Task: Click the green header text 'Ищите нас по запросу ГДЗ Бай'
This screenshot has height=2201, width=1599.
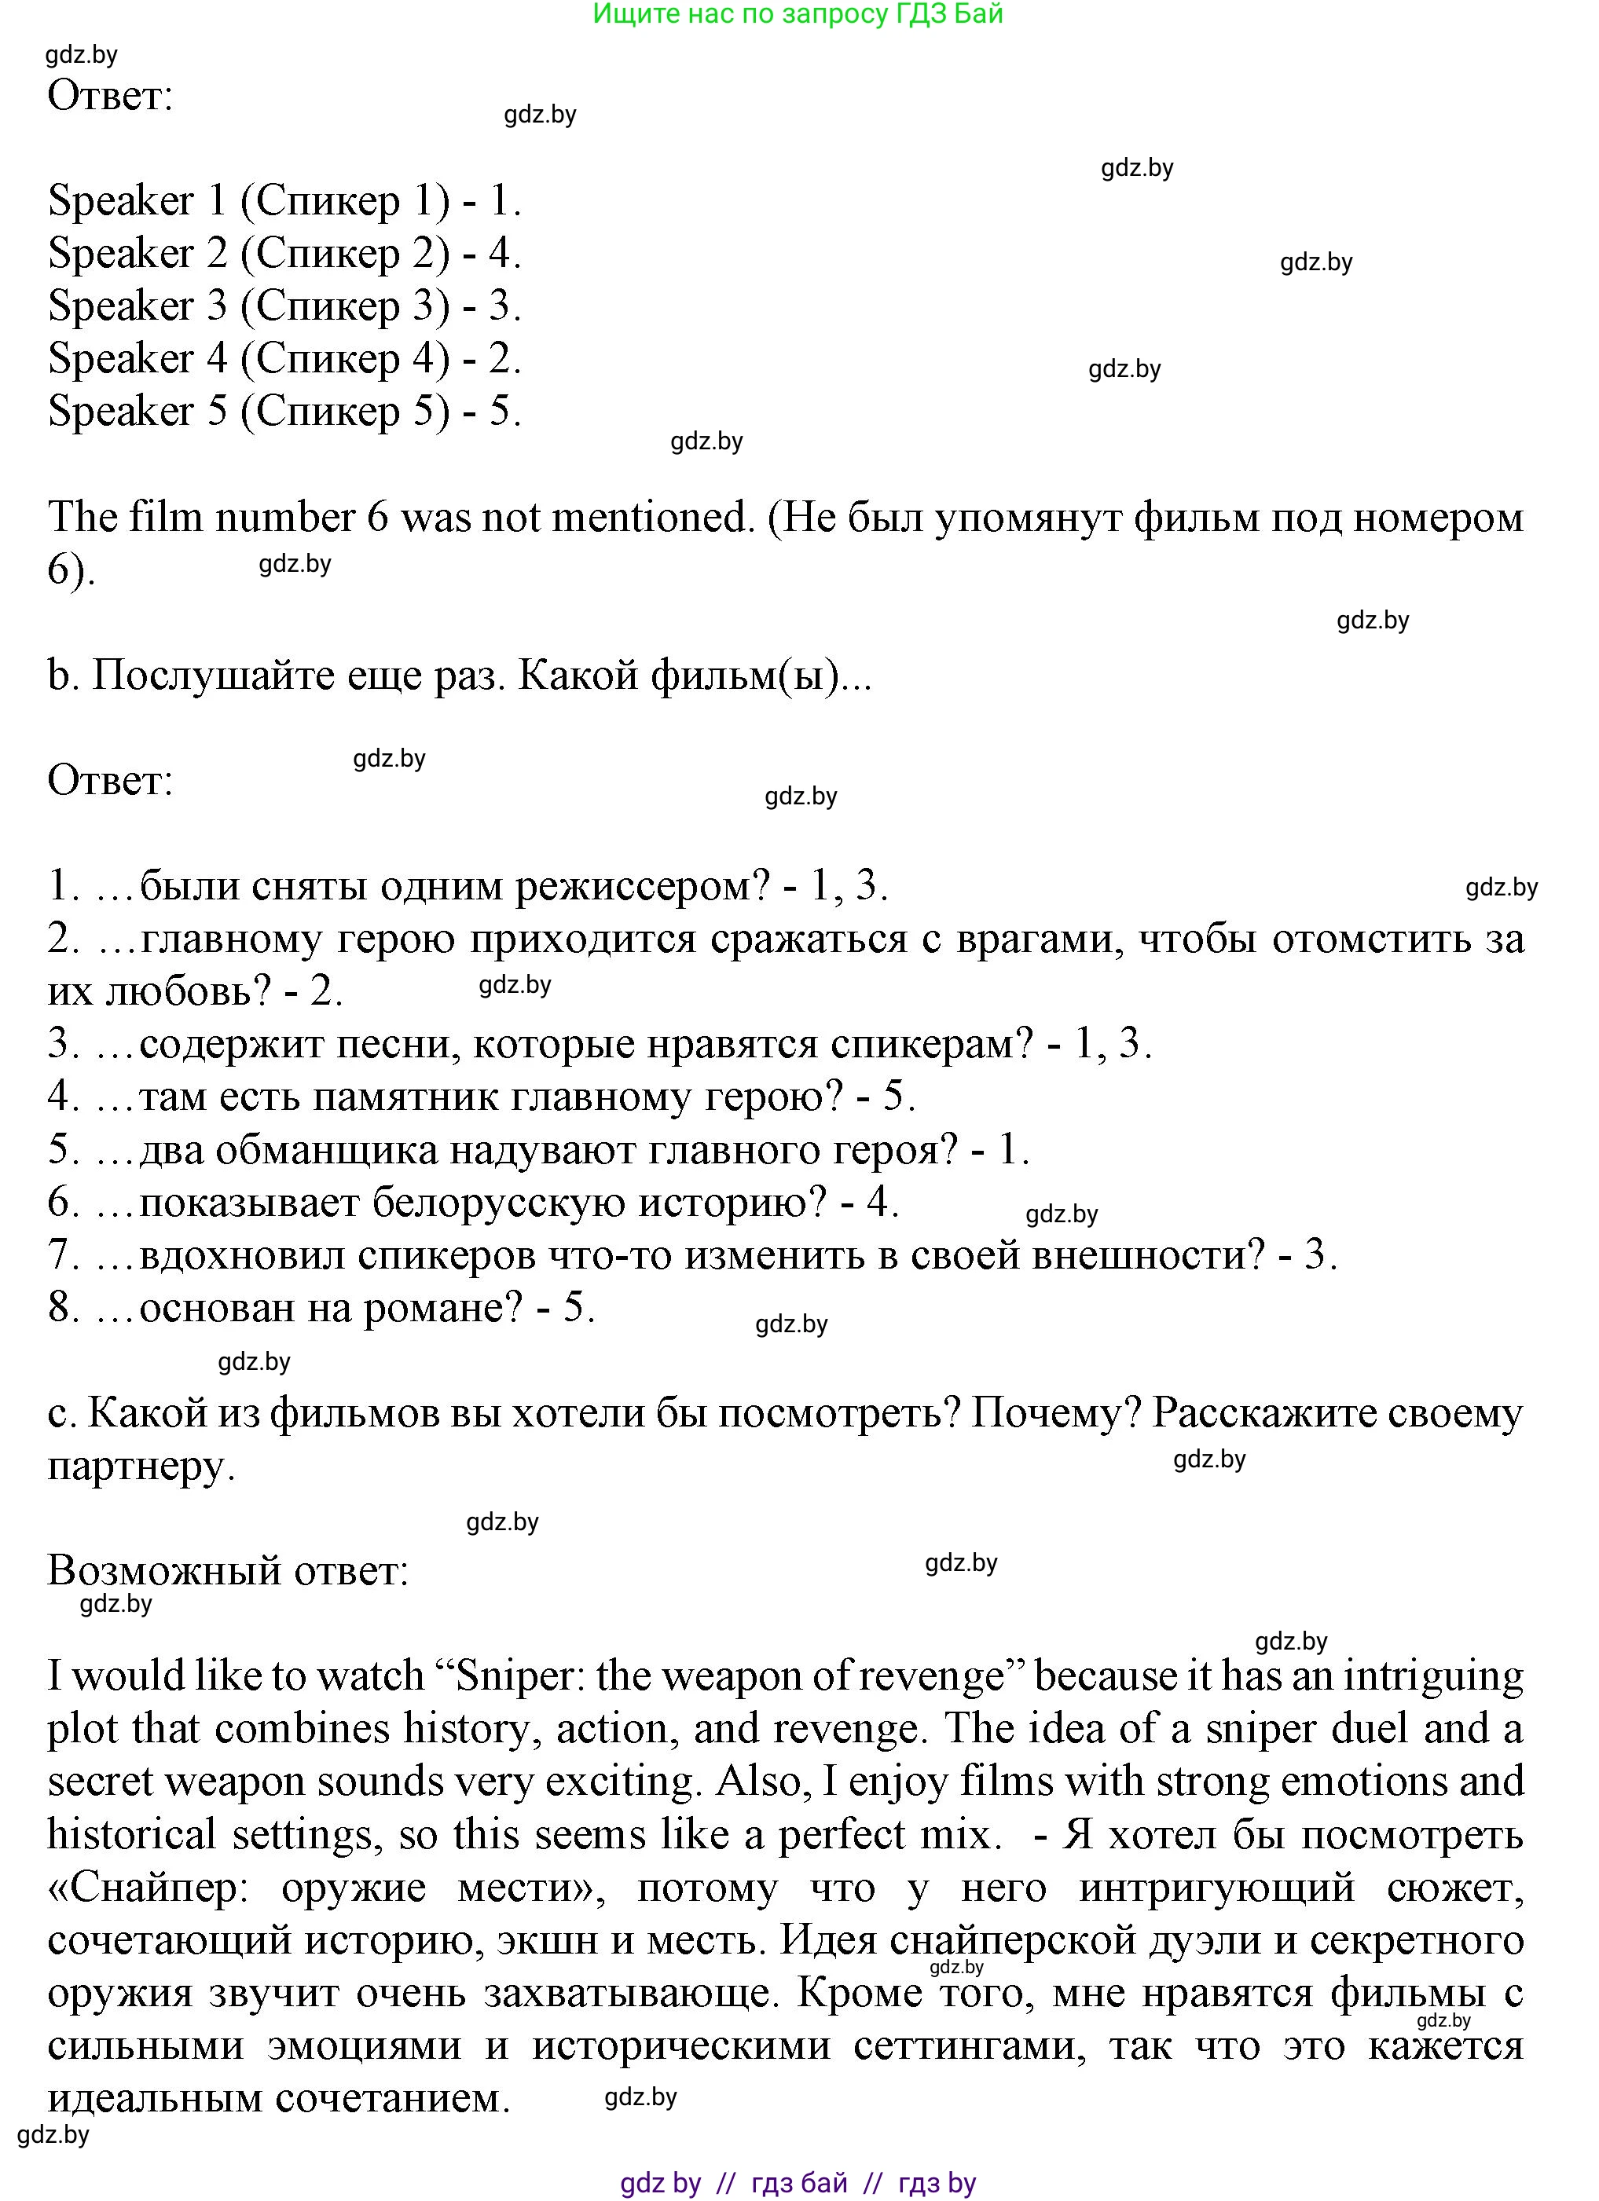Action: (x=798, y=13)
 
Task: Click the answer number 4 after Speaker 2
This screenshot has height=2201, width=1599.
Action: (x=499, y=253)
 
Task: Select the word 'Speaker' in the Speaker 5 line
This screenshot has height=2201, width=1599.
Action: (x=121, y=412)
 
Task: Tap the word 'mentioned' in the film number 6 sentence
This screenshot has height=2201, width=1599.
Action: (x=651, y=517)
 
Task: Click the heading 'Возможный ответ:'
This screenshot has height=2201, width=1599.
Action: (x=228, y=1570)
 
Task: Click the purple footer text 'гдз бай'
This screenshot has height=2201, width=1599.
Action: (x=799, y=2183)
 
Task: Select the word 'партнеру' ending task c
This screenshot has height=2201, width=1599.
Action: (x=141, y=1467)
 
